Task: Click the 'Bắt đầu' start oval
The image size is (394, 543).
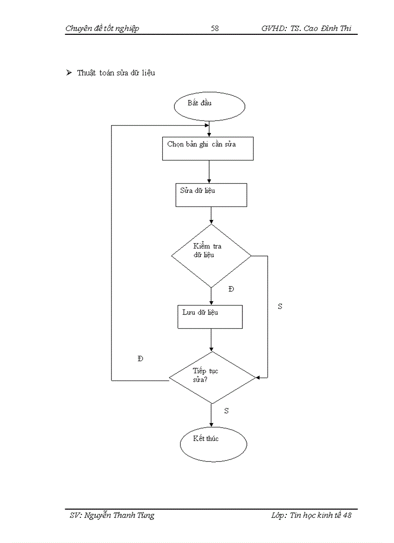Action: pos(209,105)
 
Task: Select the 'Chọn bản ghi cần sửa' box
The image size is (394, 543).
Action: pos(208,148)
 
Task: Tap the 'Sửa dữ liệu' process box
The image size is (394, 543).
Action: pos(211,195)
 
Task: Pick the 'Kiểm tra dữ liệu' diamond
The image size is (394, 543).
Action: pos(211,255)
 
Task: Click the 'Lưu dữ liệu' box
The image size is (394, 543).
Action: pos(210,317)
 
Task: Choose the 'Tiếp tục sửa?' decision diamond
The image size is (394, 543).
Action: pos(211,378)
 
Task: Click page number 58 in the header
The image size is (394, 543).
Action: pos(215,29)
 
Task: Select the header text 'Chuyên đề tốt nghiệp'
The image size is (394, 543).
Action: pos(102,29)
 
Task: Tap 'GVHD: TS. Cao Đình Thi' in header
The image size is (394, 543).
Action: pos(306,29)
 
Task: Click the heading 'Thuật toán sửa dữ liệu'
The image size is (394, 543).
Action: pos(116,73)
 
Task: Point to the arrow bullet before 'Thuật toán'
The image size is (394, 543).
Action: pos(69,73)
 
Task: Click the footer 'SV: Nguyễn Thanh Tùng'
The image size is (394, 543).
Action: pos(112,515)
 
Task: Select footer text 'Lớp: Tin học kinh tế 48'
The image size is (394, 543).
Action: pos(311,515)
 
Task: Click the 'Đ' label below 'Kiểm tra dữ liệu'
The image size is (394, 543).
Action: pos(231,289)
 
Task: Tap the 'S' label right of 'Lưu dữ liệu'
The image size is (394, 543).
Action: pos(280,307)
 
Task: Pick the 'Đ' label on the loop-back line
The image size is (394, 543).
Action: pos(140,359)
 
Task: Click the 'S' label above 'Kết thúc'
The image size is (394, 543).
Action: pos(226,411)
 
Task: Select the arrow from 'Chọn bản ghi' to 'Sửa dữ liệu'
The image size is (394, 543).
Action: pos(209,171)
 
